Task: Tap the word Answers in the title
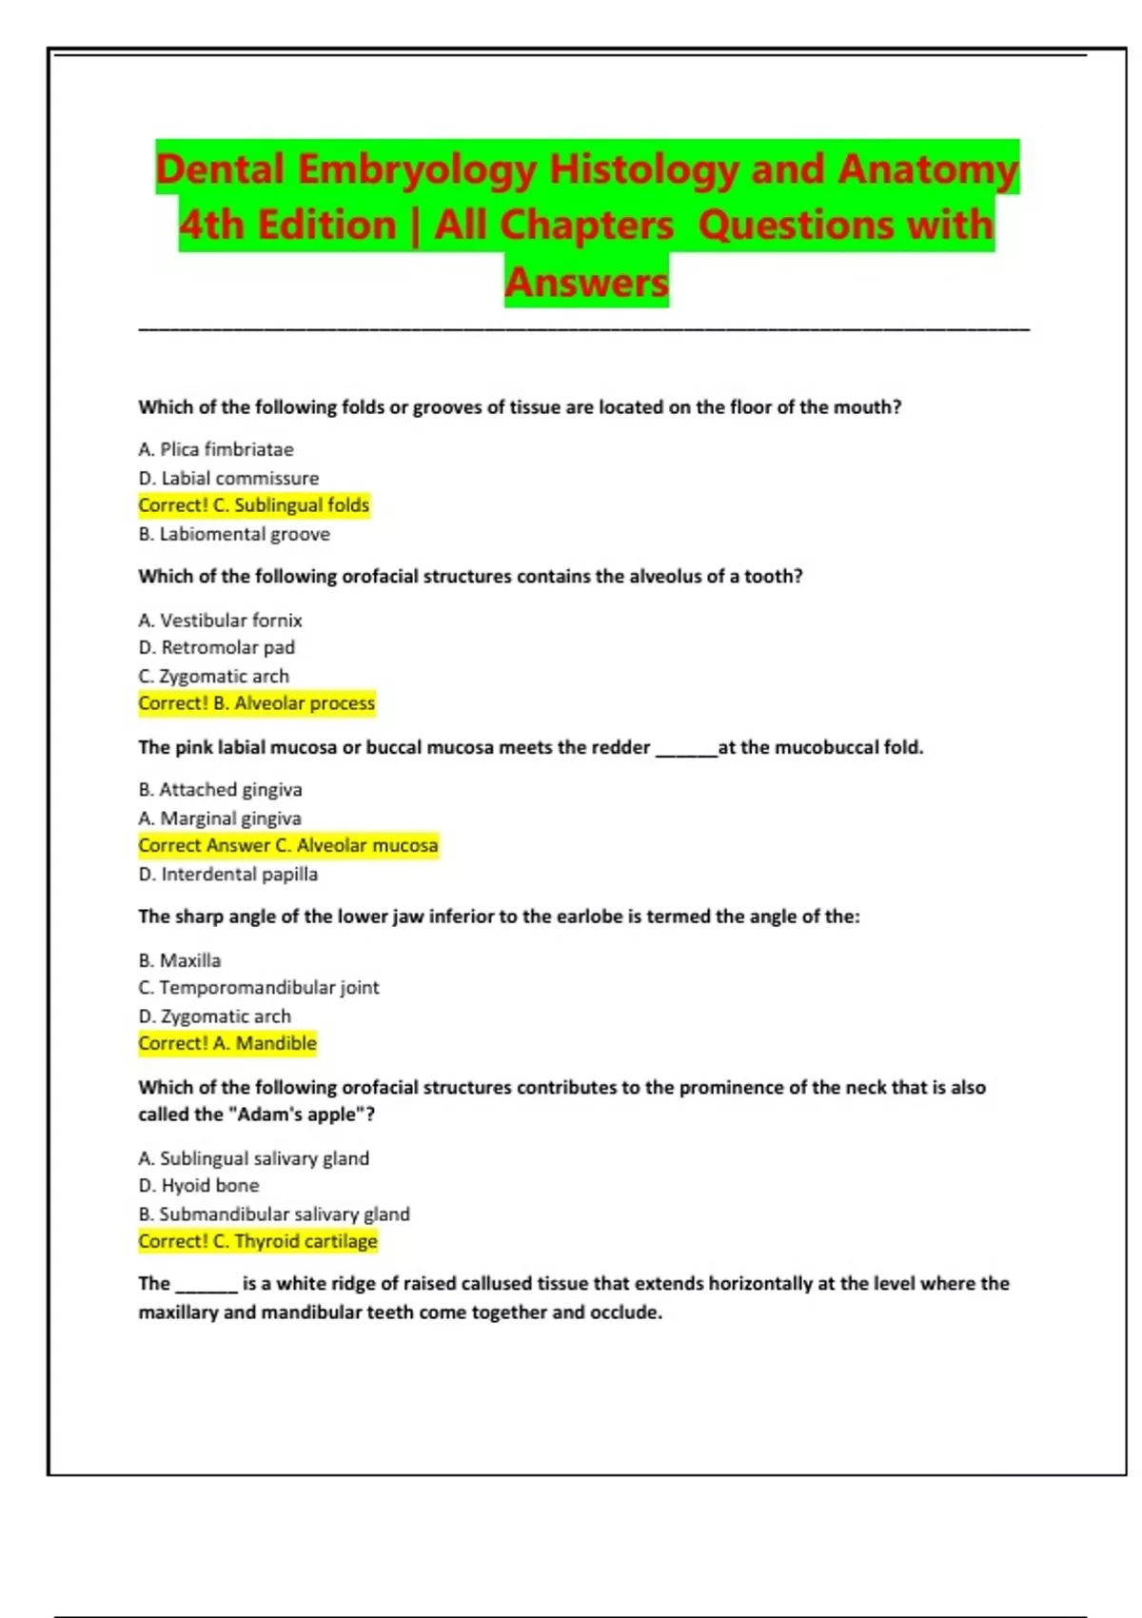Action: click(x=586, y=282)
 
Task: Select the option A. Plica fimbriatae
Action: click(x=216, y=449)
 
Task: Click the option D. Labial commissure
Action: click(x=228, y=478)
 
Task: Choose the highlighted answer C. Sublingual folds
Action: click(x=254, y=505)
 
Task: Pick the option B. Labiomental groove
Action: click(x=234, y=534)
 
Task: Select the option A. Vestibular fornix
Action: click(x=220, y=621)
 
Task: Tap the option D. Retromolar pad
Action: click(x=217, y=647)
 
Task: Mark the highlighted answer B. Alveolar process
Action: click(x=257, y=703)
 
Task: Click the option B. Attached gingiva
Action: click(x=220, y=789)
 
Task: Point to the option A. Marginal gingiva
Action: click(x=220, y=819)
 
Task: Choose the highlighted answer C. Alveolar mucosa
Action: click(x=288, y=845)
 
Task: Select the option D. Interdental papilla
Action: click(x=228, y=874)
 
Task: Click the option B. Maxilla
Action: click(x=180, y=960)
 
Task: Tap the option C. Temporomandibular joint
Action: click(x=259, y=987)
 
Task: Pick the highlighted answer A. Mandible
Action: click(x=227, y=1043)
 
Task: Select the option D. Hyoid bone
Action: click(x=199, y=1185)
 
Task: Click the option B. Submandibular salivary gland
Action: click(x=274, y=1213)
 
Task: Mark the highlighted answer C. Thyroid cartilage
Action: click(x=258, y=1241)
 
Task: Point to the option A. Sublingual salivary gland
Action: click(x=254, y=1158)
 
